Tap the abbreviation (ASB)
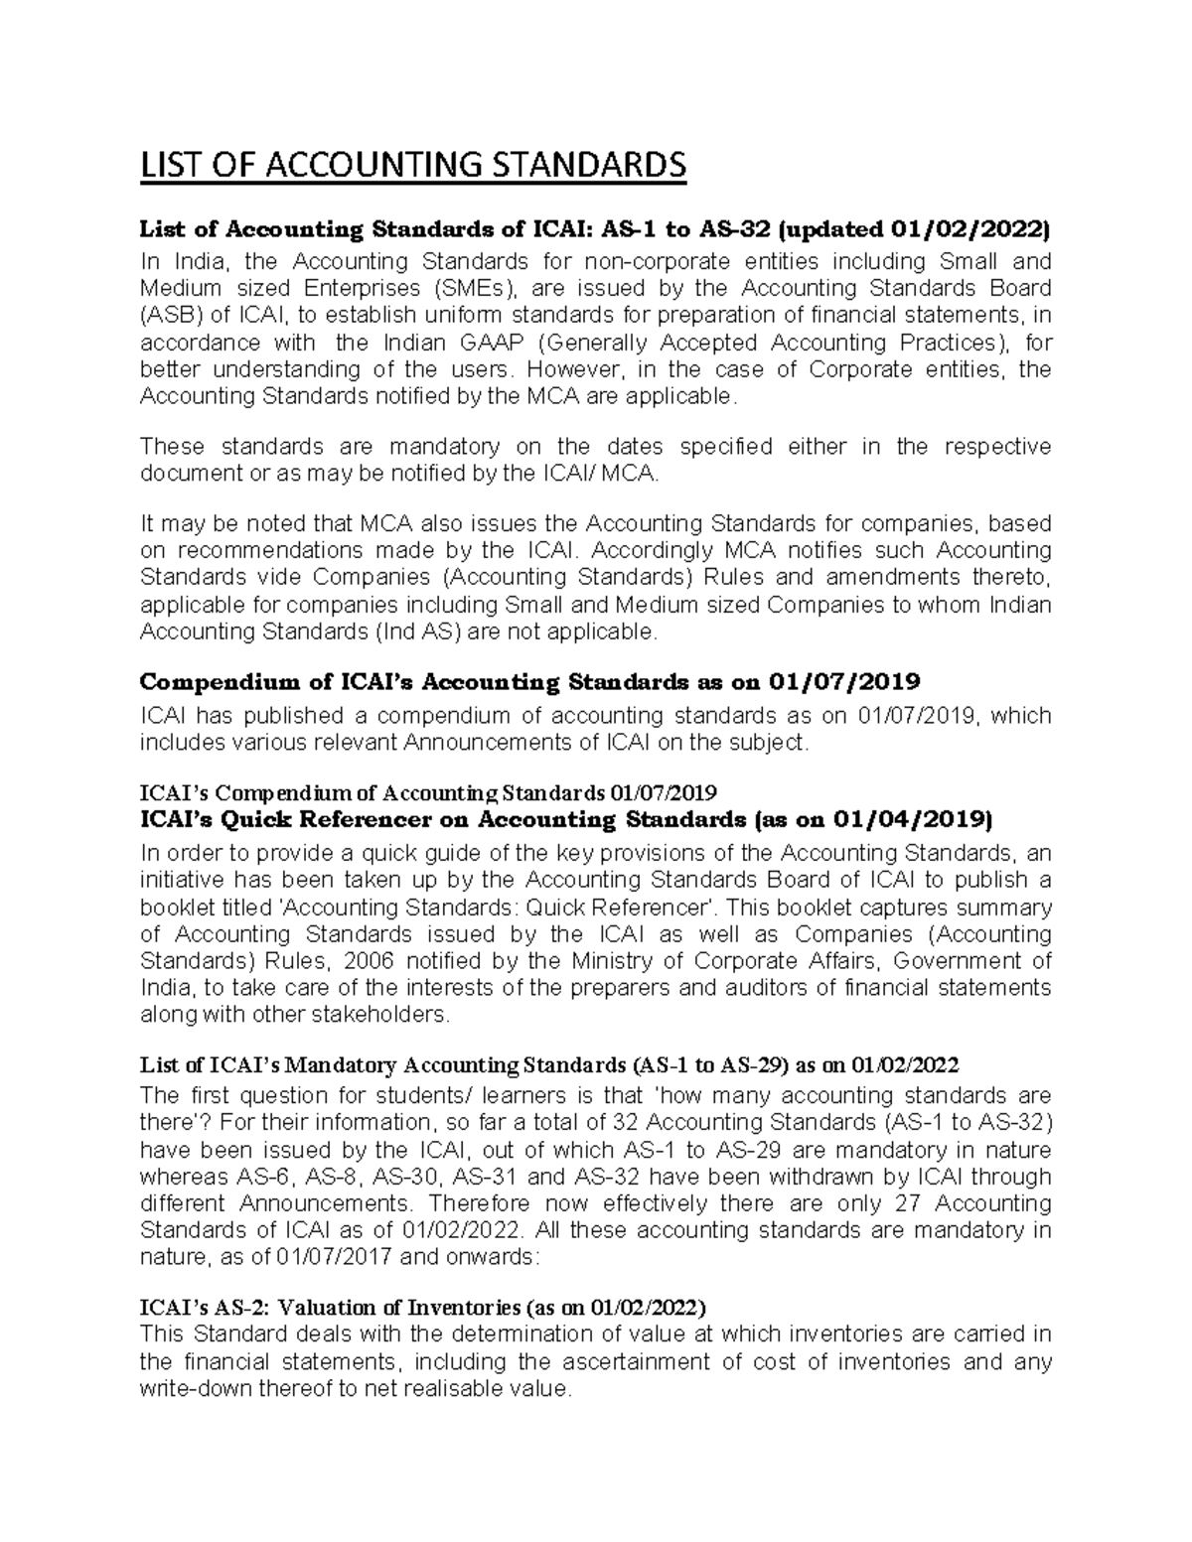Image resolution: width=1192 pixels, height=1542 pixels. [172, 316]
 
